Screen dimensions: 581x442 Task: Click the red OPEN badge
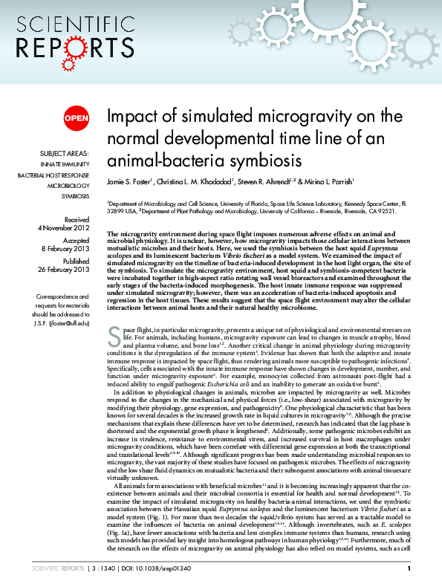tap(76, 117)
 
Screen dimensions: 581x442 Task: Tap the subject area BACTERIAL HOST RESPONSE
tap(53, 175)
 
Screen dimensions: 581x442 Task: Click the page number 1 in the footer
tap(409, 569)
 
